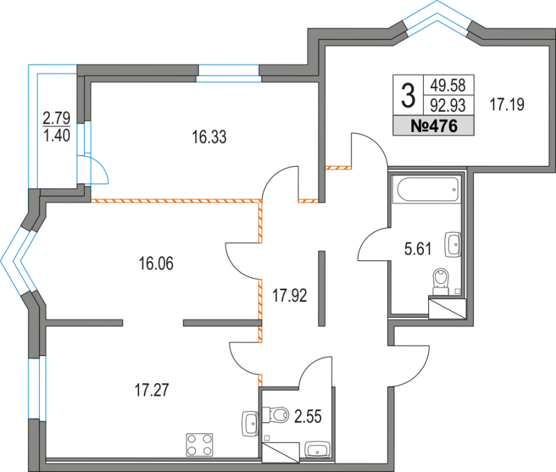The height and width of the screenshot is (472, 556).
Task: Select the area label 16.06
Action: click(x=156, y=264)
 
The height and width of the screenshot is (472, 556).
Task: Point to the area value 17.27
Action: click(x=151, y=389)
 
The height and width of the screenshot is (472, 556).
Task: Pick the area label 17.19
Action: click(x=507, y=106)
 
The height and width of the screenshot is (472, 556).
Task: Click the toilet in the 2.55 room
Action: click(x=279, y=415)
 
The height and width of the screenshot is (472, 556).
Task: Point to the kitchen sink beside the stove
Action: click(x=250, y=423)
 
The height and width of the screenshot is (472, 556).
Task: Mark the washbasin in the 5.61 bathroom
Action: click(x=453, y=244)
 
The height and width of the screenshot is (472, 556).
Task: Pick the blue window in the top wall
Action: click(x=228, y=72)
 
